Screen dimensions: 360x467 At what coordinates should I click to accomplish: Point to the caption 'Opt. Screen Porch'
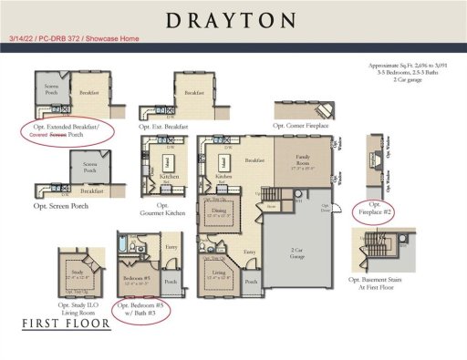[66, 207]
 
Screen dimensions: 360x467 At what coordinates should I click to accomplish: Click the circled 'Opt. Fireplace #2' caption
[374, 211]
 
